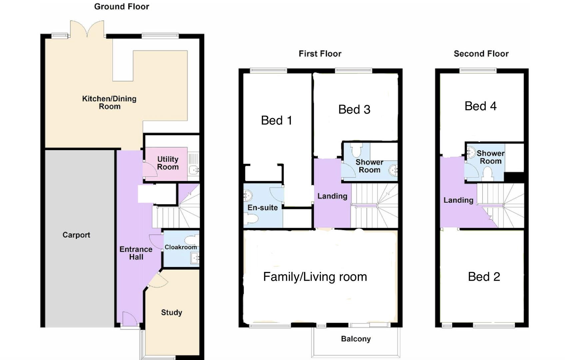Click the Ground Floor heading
tap(122, 7)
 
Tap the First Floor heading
tap(320, 54)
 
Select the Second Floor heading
tap(481, 54)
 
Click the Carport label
tap(76, 235)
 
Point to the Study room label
tap(172, 313)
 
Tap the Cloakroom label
tap(181, 247)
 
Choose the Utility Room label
tap(168, 163)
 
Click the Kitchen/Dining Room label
tap(109, 102)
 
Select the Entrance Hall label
tap(136, 253)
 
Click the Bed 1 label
tap(277, 120)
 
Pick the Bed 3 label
tap(354, 110)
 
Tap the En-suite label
tap(263, 208)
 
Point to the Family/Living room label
tap(315, 277)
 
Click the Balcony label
tap(356, 339)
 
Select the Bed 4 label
tap(480, 106)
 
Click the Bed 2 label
tap(484, 277)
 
